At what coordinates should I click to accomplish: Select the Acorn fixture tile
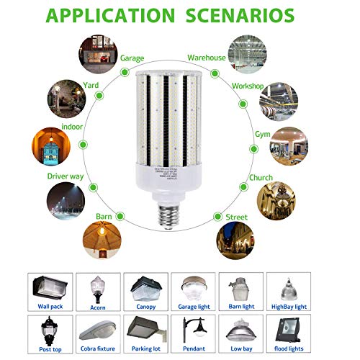click(97, 292)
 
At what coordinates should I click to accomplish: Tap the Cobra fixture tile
click(97, 336)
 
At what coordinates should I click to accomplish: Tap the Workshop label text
click(248, 85)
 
